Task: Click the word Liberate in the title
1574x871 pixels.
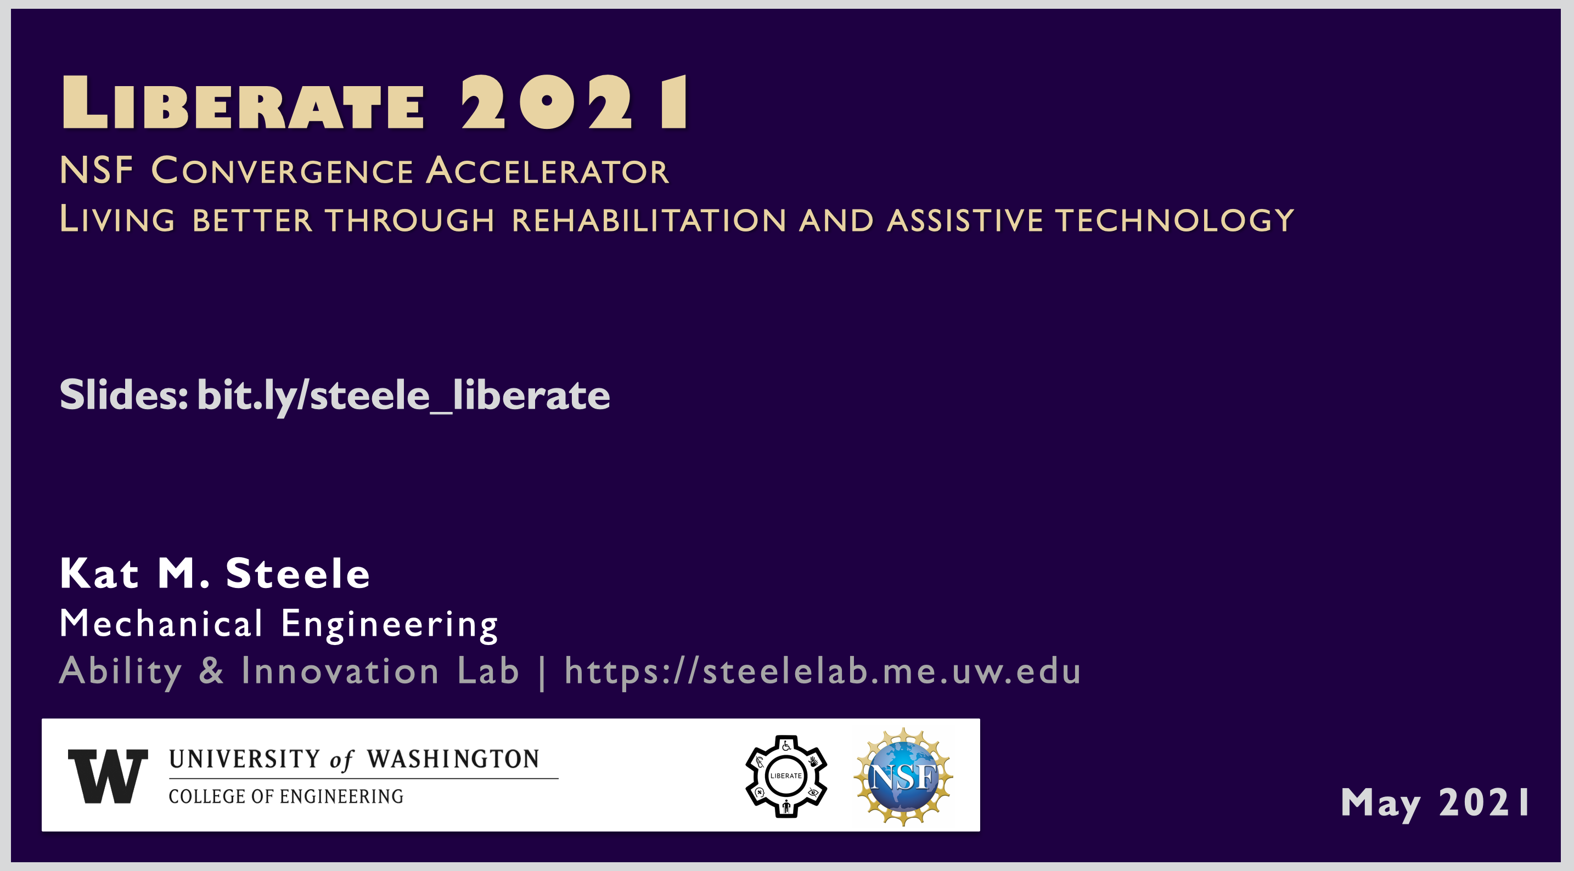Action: click(243, 101)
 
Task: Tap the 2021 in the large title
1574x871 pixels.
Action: click(575, 101)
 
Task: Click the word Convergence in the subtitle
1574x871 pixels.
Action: click(282, 171)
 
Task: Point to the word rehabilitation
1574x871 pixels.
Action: click(649, 220)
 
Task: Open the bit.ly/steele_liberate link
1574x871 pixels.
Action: click(404, 396)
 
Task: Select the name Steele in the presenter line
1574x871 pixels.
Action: click(298, 574)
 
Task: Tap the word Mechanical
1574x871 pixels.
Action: click(161, 624)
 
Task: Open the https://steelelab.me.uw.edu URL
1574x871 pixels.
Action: click(823, 671)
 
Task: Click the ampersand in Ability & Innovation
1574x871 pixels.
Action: click(211, 670)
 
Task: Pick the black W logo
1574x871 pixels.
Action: click(108, 776)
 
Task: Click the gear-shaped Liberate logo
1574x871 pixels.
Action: click(786, 776)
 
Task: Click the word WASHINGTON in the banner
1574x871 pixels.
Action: click(453, 759)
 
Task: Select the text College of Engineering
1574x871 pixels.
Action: click(286, 796)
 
